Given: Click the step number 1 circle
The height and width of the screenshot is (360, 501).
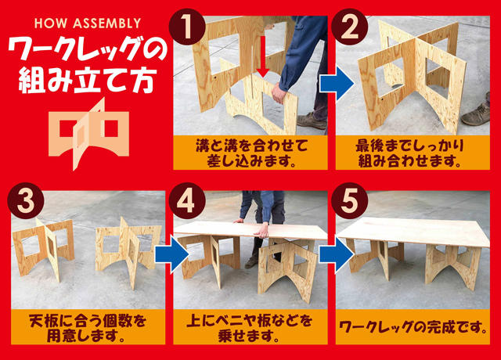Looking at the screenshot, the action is tap(187, 27).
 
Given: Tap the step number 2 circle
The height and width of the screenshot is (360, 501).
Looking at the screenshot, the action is tap(350, 27).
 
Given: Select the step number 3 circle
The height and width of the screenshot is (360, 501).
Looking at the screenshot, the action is tap(26, 200).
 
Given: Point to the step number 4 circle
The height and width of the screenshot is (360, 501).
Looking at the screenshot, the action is tap(187, 200).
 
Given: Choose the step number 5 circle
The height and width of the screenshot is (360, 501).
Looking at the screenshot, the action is tap(350, 200).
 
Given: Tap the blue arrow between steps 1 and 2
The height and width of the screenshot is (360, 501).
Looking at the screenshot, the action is tap(337, 85).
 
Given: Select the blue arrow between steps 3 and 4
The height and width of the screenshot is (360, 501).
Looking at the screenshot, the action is tap(172, 254).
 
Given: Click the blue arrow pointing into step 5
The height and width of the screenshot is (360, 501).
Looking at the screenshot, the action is tap(337, 254).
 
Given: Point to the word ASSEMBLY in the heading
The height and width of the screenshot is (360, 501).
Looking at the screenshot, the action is tap(107, 23).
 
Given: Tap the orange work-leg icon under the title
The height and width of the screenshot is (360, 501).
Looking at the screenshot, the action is tap(88, 134).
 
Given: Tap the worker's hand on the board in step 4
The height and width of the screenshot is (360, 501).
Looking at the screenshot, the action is tap(263, 230).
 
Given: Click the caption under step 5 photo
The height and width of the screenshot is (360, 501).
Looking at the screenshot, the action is tap(413, 327).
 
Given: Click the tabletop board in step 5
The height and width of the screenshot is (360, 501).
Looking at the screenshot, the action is tap(413, 232).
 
